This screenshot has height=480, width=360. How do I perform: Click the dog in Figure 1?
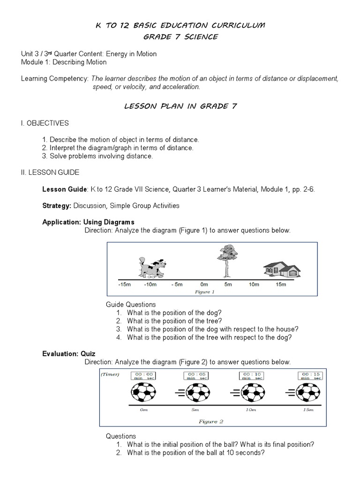point(151,268)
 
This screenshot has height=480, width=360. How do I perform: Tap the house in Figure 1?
point(281,270)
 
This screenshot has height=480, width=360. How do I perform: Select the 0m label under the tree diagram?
point(204,285)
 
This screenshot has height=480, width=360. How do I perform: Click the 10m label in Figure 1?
point(254,285)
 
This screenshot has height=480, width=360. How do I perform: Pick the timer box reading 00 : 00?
point(144,375)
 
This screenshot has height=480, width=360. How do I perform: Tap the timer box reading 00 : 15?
point(310,375)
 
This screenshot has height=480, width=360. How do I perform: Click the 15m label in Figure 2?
point(307,410)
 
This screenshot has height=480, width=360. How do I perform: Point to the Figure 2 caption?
point(210,421)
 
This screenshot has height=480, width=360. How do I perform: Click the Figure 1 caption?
point(204,292)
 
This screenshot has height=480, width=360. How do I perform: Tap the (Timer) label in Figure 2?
point(110,374)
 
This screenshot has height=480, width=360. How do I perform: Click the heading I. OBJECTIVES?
point(45,123)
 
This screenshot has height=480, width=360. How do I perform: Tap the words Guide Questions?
point(131,305)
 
